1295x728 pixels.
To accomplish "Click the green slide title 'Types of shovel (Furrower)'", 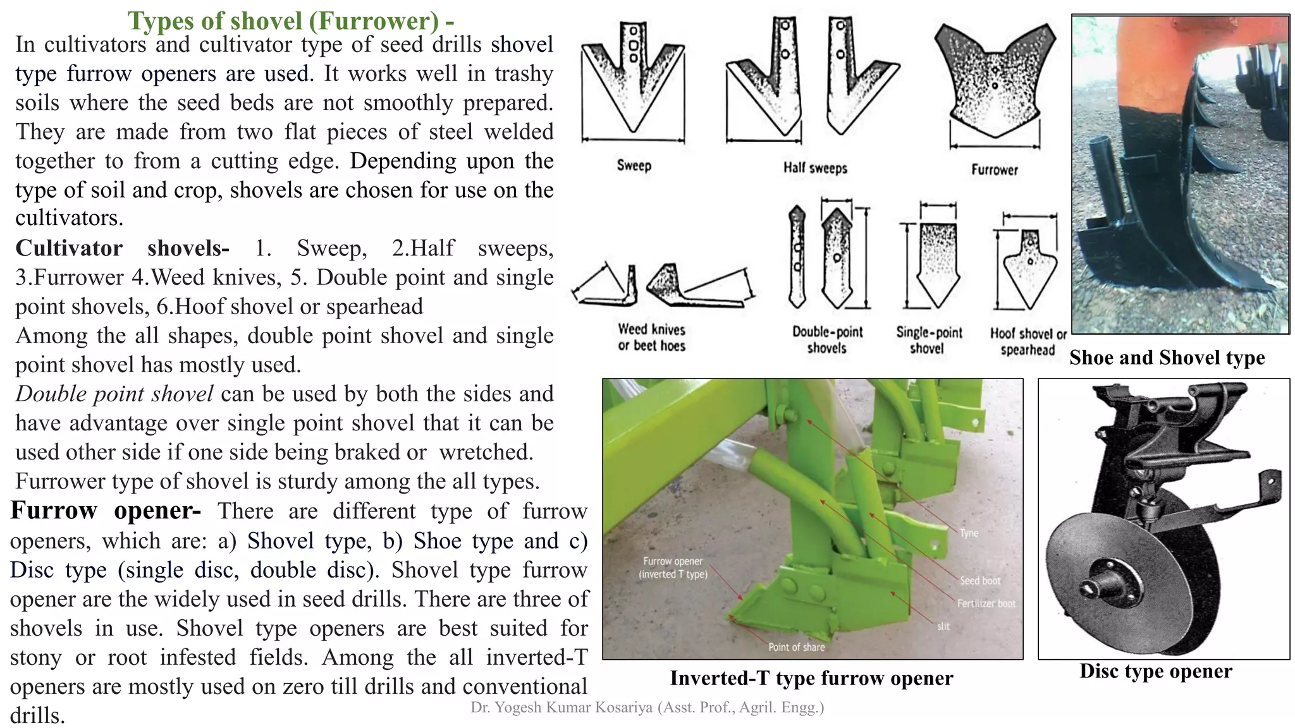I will tap(290, 21).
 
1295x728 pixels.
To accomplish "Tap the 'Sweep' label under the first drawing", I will tap(634, 166).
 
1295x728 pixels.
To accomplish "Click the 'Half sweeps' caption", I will tap(814, 168).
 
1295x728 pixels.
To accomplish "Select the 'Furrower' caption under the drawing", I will tap(994, 169).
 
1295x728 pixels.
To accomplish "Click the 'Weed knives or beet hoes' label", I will tap(651, 337).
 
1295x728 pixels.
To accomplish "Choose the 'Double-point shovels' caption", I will tap(827, 339).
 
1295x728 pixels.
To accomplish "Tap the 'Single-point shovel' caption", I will tap(928, 340).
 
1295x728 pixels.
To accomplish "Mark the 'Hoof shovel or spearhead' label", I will tap(1028, 341).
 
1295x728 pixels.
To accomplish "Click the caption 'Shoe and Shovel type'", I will tap(1167, 358).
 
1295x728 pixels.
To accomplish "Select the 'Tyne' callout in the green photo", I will tap(968, 533).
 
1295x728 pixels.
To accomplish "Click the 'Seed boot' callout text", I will tap(979, 580).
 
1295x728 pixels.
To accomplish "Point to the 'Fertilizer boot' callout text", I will tap(985, 604).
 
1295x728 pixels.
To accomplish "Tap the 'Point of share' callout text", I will tap(796, 647).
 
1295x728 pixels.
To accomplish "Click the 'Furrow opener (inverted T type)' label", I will tap(673, 567).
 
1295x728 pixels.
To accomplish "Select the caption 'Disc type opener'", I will tap(1155, 671).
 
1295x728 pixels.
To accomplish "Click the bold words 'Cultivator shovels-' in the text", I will tap(122, 248).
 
